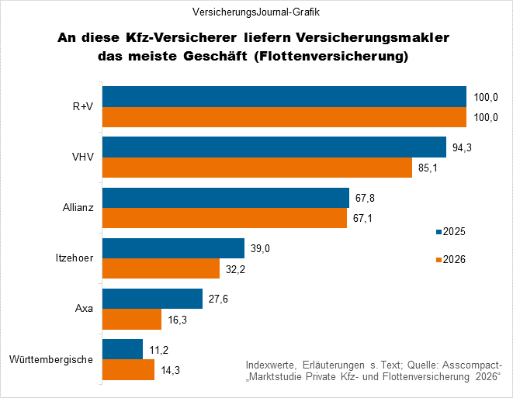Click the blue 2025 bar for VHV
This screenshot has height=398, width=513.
click(274, 147)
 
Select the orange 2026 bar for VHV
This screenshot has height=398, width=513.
click(257, 168)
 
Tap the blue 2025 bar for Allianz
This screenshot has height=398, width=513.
click(226, 198)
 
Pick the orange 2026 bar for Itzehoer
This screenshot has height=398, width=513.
click(161, 269)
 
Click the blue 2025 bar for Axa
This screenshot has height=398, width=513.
click(153, 299)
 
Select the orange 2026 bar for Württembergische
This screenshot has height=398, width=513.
click(129, 370)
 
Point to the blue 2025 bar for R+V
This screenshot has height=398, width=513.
click(284, 96)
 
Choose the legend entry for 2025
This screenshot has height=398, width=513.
click(449, 231)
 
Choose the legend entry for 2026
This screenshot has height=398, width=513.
click(449, 259)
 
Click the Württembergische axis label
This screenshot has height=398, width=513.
click(52, 359)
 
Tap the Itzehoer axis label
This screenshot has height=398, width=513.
click(75, 258)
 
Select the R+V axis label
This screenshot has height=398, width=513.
click(81, 107)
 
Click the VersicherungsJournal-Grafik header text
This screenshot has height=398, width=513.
click(255, 12)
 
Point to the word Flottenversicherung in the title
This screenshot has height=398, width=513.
click(334, 57)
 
